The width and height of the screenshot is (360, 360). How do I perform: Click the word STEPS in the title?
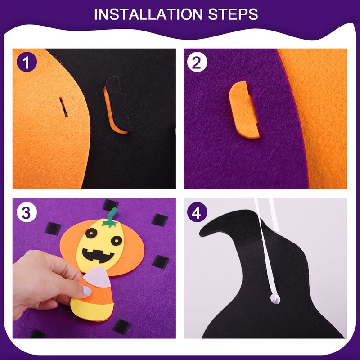tap(233, 14)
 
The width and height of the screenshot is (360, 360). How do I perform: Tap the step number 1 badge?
tap(27, 62)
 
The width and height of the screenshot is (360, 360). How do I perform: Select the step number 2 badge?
tap(197, 62)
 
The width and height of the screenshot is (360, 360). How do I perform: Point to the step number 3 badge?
tap(27, 212)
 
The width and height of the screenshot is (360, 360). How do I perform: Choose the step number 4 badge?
tap(197, 212)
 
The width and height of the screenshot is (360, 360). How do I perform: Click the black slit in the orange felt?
tap(63, 107)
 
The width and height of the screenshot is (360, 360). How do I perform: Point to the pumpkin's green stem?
tap(111, 218)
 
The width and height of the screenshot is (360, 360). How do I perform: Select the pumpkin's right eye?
tap(117, 241)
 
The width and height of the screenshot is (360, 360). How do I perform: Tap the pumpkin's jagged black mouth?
tap(98, 255)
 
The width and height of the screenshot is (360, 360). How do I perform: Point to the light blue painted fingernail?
tap(87, 291)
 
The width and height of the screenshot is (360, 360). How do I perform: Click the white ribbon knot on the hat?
tap(275, 298)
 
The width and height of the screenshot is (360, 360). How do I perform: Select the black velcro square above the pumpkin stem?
tap(110, 205)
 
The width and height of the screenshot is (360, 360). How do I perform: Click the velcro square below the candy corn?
tap(122, 327)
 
